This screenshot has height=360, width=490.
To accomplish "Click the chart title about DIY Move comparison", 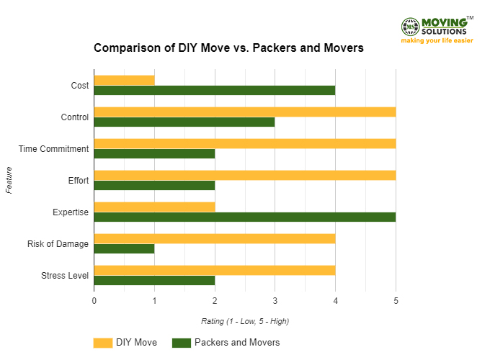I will tap(228, 48).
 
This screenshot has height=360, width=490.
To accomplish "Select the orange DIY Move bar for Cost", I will tap(124, 80).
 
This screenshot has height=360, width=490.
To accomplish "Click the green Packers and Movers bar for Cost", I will tap(214, 90).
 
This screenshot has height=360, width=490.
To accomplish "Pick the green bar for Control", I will tap(184, 122).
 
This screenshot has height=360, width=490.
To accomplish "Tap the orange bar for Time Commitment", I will tap(244, 143).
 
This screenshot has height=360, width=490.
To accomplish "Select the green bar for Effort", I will tap(154, 185).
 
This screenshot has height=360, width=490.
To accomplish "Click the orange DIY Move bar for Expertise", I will tap(154, 207).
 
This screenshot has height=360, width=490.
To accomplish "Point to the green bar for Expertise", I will tap(244, 217).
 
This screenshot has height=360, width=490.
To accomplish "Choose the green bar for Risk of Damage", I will tap(124, 248).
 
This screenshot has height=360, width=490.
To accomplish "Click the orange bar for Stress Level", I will tap(214, 270).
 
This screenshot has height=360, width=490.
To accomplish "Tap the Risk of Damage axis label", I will tap(58, 244).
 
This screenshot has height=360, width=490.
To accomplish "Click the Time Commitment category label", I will tap(54, 149).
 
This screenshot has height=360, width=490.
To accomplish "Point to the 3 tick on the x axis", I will tap(275, 300).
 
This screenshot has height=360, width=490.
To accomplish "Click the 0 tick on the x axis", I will tap(94, 300).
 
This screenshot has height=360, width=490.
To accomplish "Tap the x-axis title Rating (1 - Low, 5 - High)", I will tap(245, 321).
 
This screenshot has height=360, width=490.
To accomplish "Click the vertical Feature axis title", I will tap(9, 180).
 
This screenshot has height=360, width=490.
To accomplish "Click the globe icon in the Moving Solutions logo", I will tap(410, 27).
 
